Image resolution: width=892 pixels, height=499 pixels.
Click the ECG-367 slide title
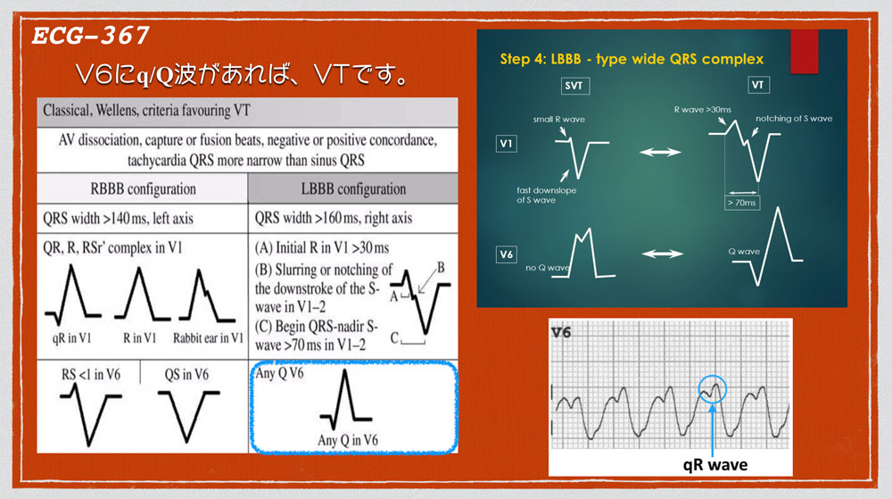click(x=90, y=36)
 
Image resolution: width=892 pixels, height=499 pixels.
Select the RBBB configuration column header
click(x=143, y=189)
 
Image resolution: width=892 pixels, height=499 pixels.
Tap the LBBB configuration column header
click(x=353, y=189)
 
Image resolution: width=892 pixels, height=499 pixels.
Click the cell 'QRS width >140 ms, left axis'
click(x=119, y=219)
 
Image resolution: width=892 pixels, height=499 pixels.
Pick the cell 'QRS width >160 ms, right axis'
click(x=334, y=218)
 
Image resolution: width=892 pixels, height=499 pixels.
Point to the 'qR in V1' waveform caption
click(x=71, y=338)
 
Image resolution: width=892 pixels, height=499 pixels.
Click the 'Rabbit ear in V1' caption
click(x=208, y=338)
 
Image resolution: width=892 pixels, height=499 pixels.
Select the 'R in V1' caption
click(x=139, y=338)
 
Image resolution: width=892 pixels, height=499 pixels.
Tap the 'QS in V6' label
click(x=186, y=374)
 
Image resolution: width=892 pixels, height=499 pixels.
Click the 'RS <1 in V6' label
click(x=91, y=374)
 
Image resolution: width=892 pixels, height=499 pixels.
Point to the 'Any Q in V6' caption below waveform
click(x=348, y=440)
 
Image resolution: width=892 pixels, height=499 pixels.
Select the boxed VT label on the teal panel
click(x=758, y=85)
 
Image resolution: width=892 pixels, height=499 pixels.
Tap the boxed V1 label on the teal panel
click(x=507, y=144)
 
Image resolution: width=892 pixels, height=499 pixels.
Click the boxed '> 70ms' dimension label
click(x=742, y=203)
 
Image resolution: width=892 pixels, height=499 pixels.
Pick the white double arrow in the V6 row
click(x=662, y=254)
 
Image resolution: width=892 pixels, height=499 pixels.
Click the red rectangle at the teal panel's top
click(x=805, y=51)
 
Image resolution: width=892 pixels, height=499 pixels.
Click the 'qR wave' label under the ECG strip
click(x=715, y=465)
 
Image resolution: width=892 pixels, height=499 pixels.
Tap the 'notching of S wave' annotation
click(x=794, y=119)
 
